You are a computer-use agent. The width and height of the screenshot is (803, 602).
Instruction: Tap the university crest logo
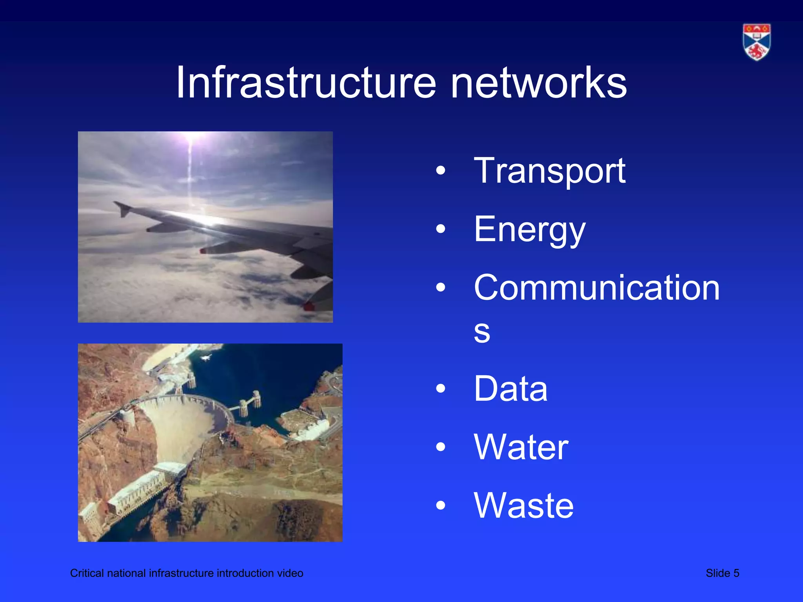756,42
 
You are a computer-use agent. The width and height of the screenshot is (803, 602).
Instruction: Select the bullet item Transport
549,171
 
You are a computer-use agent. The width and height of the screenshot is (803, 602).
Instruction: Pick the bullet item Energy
529,230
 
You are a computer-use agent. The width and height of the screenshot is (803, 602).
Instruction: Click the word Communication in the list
596,288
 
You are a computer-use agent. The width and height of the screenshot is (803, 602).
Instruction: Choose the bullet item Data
511,389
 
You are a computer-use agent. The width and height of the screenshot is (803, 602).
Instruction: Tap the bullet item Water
521,447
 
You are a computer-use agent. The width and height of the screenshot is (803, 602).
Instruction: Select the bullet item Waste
523,506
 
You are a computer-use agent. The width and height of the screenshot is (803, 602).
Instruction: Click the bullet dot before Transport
441,171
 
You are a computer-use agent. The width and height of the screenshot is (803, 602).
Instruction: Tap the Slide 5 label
722,573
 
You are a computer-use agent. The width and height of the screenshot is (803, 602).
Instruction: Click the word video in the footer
290,573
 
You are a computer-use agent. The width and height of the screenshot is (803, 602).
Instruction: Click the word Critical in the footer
87,573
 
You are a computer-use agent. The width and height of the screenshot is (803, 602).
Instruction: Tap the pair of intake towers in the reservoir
249,403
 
